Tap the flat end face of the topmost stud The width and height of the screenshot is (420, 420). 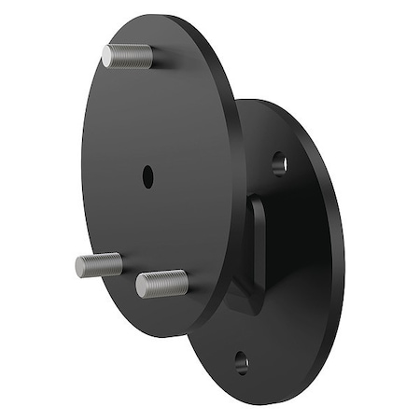107,55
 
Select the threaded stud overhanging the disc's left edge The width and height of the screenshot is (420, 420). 99,265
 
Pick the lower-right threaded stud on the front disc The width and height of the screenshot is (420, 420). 161,283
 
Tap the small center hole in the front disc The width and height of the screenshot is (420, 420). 148,174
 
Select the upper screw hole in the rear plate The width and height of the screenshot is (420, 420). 279,164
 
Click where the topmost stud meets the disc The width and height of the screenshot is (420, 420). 149,57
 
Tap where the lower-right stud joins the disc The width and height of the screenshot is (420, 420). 184,279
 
